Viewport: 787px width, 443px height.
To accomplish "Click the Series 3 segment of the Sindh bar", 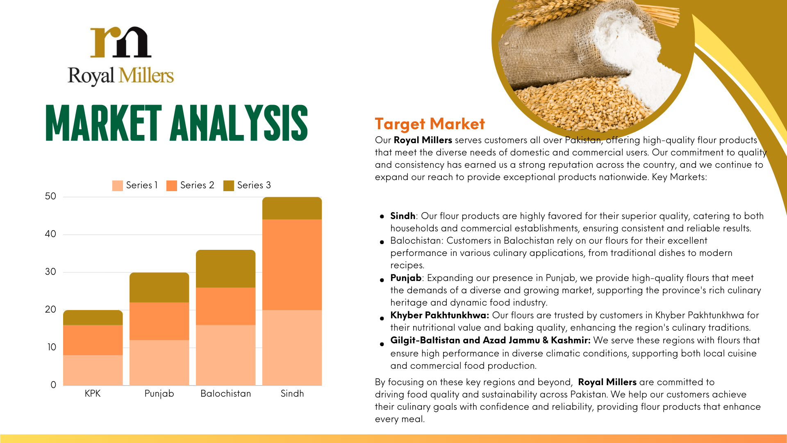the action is coord(292,208).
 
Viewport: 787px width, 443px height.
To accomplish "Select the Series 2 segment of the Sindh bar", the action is coord(292,265).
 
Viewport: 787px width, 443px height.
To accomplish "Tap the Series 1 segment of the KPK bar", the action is coord(93,370).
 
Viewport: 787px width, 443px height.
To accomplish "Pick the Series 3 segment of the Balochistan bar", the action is coord(225,269).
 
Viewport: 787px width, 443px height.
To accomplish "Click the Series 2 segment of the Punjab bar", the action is coord(159,321).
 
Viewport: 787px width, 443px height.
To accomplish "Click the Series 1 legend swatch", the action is coord(118,185).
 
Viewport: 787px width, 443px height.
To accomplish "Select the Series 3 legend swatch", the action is coord(229,185).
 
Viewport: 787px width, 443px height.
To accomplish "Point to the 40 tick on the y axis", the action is coord(50,234).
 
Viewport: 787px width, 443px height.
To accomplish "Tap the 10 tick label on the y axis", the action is coord(51,347).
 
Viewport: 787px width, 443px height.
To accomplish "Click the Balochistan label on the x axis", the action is coord(225,394).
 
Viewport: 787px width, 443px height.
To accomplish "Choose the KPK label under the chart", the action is coord(93,394).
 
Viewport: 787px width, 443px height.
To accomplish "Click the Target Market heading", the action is coord(430,124).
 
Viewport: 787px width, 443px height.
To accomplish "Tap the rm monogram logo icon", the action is coord(121,42).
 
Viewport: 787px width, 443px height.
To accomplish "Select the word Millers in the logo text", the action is coord(146,76).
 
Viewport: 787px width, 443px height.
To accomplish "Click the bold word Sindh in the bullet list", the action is coord(403,216).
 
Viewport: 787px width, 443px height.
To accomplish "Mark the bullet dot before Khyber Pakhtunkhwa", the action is coord(382,318).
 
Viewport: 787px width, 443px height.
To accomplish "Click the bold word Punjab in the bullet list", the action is coord(406,278).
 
